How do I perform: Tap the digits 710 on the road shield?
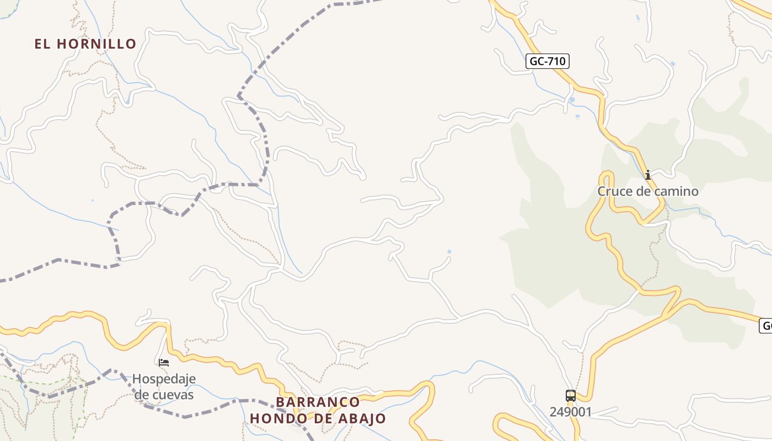pyautogui.click(x=556, y=61)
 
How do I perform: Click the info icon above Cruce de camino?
pyautogui.click(x=648, y=175)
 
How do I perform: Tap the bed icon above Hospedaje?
pyautogui.click(x=164, y=363)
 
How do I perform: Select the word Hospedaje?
pyautogui.click(x=164, y=379)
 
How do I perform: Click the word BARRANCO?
pyautogui.click(x=318, y=402)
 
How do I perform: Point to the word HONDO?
pyautogui.click(x=276, y=418)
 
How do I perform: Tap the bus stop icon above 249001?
pyautogui.click(x=570, y=396)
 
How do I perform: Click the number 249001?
pyautogui.click(x=570, y=412)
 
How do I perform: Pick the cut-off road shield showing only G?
pyautogui.click(x=765, y=325)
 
